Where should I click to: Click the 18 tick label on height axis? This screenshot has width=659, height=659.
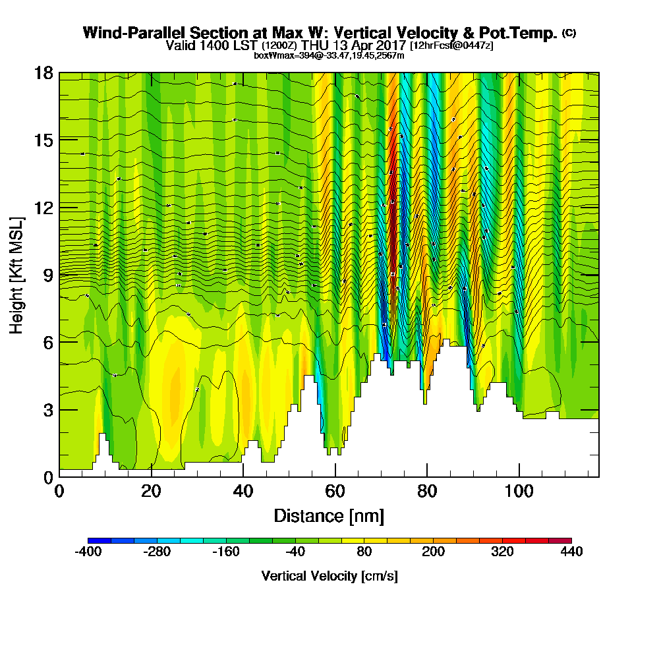(44, 72)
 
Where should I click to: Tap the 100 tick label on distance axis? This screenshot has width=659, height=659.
(519, 492)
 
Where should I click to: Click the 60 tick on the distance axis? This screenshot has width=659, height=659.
(335, 476)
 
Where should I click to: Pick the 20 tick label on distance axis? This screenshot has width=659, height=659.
(151, 492)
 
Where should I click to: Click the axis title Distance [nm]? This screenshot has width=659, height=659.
(329, 515)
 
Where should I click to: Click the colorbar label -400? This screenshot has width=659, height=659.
(88, 552)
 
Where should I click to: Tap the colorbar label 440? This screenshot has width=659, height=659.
(571, 552)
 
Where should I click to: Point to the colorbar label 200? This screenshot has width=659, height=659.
(433, 552)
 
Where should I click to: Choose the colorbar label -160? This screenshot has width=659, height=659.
(226, 552)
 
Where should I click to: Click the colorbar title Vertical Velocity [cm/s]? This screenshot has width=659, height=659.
(329, 576)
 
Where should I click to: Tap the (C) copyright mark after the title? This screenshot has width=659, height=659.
(569, 33)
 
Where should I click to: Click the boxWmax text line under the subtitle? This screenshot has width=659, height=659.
(329, 55)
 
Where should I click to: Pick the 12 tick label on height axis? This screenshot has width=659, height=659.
(44, 207)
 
